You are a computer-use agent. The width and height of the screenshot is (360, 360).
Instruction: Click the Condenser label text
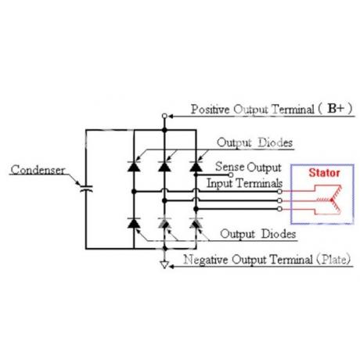(38, 170)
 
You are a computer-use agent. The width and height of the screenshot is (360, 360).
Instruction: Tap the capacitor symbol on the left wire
(86, 189)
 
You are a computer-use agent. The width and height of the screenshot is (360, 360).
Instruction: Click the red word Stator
(324, 173)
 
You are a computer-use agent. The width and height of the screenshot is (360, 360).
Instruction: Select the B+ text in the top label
(336, 108)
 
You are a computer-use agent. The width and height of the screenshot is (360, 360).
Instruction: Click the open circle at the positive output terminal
(164, 116)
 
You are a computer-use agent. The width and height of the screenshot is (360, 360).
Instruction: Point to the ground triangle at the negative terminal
(164, 265)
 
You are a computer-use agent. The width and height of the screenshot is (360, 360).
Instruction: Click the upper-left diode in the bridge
(134, 166)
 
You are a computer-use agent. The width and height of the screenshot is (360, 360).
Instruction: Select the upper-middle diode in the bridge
(164, 166)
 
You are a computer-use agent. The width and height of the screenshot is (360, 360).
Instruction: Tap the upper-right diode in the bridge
(196, 166)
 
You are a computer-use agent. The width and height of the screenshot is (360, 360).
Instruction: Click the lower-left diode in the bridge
(134, 223)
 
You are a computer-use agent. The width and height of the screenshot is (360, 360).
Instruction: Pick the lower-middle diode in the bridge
(164, 223)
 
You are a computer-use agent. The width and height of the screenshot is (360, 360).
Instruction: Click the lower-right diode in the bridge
(196, 223)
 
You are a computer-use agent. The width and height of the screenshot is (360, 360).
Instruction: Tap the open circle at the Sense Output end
(231, 175)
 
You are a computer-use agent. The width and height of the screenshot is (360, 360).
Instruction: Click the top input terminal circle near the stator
(279, 192)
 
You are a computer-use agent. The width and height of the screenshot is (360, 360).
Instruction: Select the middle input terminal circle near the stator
(279, 200)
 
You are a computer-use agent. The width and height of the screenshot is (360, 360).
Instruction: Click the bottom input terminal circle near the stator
(279, 209)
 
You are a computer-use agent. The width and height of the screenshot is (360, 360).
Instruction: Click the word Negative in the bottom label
(206, 260)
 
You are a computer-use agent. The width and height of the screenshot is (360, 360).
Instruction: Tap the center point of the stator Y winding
(332, 200)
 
